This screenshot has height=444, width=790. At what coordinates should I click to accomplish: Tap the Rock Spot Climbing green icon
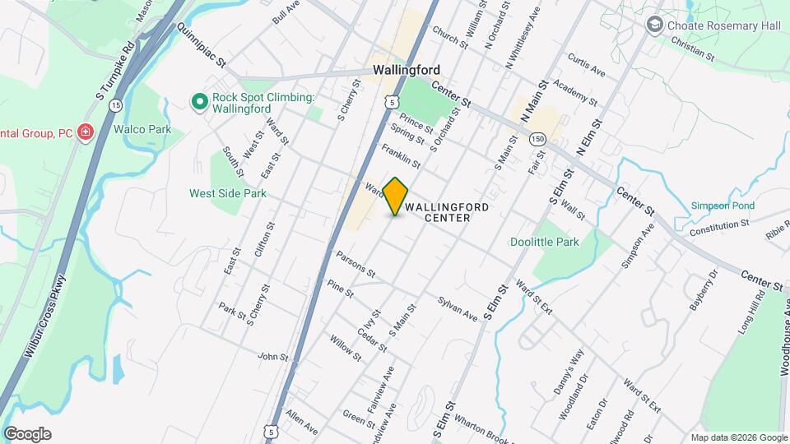click(x=198, y=102)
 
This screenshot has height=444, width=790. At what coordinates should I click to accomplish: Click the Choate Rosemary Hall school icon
click(x=655, y=25)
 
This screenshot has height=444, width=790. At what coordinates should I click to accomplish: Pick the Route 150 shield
click(x=537, y=138)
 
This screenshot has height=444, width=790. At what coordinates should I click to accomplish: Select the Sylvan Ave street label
click(x=458, y=309)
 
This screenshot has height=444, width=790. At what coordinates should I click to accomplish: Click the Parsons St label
click(x=355, y=263)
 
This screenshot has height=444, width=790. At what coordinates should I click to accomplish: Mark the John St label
click(x=273, y=357)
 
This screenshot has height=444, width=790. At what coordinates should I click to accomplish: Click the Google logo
click(x=27, y=434)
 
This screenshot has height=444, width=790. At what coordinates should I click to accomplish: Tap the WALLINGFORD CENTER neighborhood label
click(x=448, y=212)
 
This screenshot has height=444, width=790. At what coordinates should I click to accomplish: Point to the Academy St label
click(x=575, y=91)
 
